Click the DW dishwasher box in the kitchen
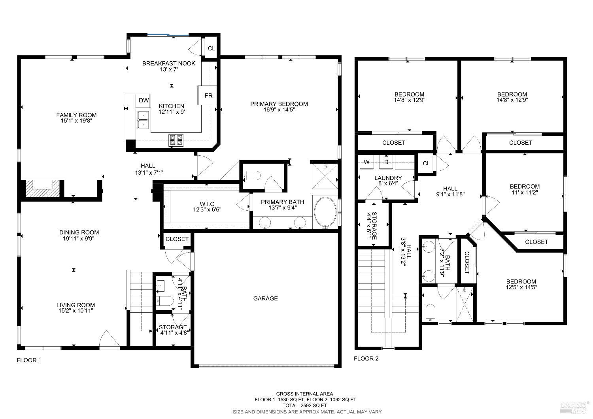pos(144,100)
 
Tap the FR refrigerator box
pos(208,95)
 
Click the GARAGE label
pos(265,298)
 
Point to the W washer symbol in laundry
pos(367,162)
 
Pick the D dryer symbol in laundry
pos(387,162)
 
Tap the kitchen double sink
pos(143,120)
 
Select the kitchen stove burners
pos(176,140)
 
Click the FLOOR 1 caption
pos(29,360)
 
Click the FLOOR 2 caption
pos(366,359)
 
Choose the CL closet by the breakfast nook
pos(212,48)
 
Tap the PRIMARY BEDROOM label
pos(279,104)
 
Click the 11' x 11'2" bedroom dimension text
pos(525,193)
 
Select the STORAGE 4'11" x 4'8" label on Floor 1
pos(173,330)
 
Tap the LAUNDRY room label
pos(388,178)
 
